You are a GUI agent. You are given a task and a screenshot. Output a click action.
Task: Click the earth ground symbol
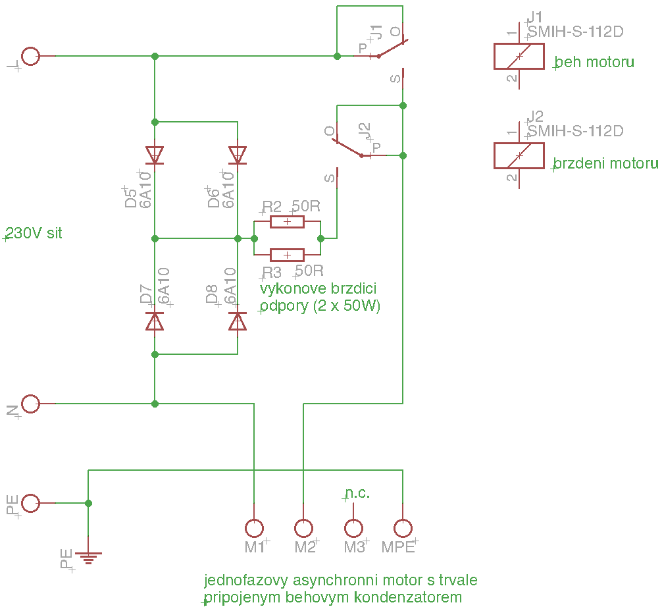[88, 558]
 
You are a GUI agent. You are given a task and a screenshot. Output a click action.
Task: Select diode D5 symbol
[155, 155]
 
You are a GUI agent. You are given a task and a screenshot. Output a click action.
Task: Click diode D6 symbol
[238, 155]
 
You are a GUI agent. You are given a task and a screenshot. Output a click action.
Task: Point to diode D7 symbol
[155, 321]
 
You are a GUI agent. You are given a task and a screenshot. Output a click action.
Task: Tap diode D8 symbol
[238, 321]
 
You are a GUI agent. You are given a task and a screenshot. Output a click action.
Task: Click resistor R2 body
[287, 221]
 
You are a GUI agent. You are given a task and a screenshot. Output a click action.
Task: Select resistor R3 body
[287, 255]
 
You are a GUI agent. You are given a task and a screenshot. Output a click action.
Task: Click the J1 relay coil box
[519, 56]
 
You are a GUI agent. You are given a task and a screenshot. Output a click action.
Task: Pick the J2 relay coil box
[519, 155]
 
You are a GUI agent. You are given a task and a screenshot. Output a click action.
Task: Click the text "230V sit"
[34, 233]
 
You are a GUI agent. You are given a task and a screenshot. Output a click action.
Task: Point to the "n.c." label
[357, 492]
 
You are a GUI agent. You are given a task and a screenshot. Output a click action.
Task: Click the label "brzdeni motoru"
[605, 163]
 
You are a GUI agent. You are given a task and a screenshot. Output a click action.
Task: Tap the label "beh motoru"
[594, 62]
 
